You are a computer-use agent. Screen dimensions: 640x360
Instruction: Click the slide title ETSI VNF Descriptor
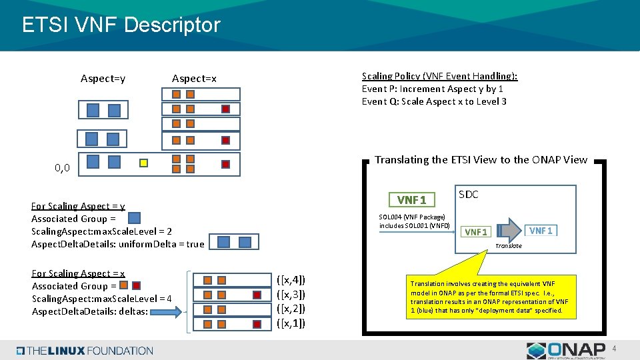click(x=121, y=25)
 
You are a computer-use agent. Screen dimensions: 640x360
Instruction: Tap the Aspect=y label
click(x=103, y=79)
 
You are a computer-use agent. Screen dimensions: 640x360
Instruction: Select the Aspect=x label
click(x=194, y=79)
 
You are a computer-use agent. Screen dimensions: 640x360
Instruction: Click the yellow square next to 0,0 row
click(x=143, y=163)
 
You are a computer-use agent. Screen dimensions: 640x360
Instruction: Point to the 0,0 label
click(x=63, y=169)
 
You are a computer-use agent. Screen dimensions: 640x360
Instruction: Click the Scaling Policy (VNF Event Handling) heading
click(x=439, y=76)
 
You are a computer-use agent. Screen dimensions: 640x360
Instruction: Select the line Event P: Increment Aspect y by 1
click(x=432, y=89)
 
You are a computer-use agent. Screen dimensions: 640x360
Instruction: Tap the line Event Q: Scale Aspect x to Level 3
click(x=434, y=101)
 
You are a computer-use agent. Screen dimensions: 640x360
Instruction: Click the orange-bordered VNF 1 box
click(x=412, y=199)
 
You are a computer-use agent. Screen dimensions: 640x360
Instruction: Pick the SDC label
click(x=469, y=195)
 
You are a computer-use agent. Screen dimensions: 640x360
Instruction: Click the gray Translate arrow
click(x=510, y=229)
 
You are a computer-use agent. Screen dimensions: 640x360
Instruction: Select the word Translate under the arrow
click(x=508, y=246)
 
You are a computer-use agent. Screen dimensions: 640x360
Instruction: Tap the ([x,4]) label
click(x=291, y=280)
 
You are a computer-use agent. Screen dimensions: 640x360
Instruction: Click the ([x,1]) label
click(x=291, y=324)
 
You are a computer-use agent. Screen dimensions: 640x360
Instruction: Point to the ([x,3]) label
click(x=291, y=295)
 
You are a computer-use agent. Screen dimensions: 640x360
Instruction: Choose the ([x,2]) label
click(x=291, y=309)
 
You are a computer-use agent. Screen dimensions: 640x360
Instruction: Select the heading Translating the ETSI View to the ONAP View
click(x=481, y=160)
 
